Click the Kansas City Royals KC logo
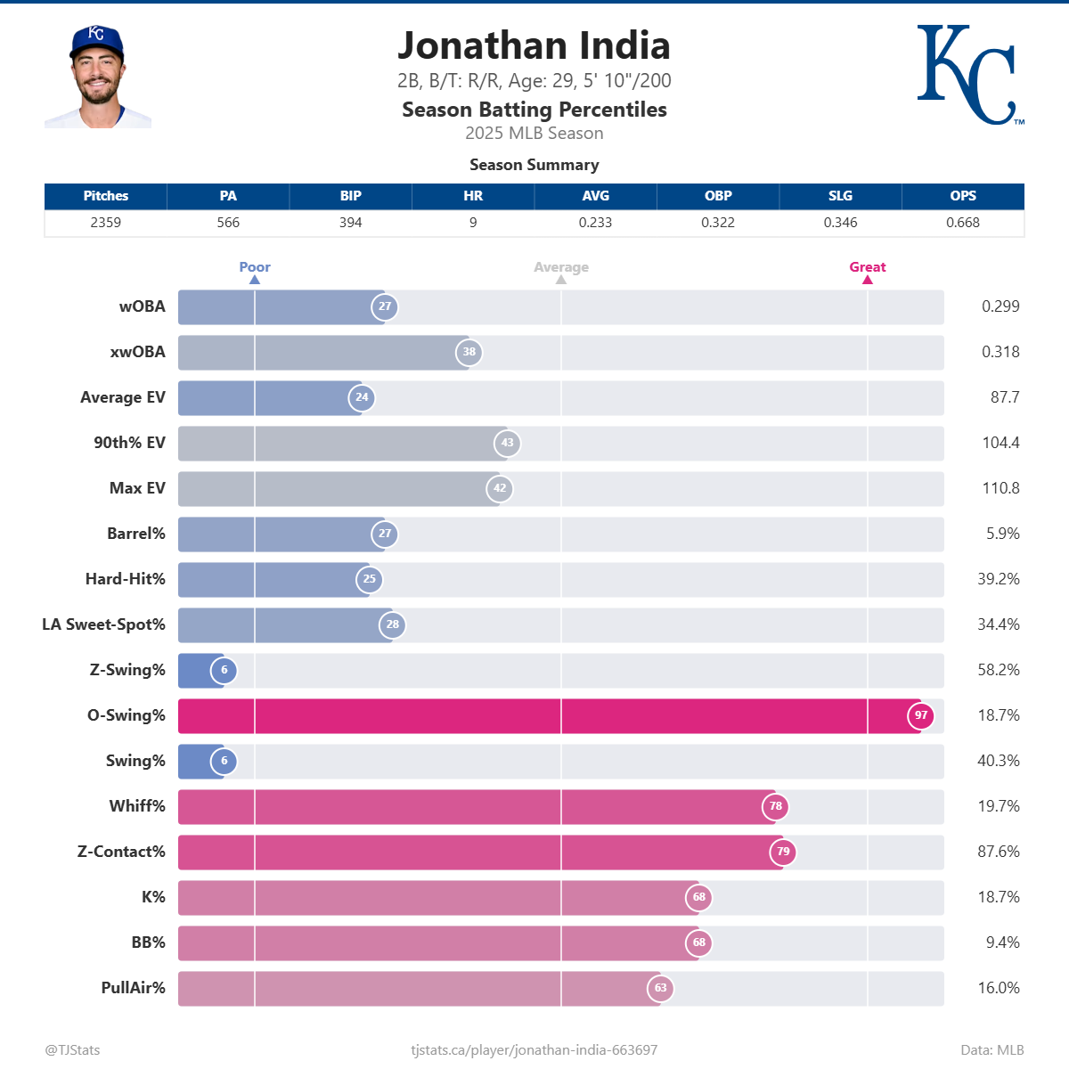coord(969,75)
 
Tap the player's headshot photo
coord(97,78)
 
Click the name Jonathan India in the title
coord(534,46)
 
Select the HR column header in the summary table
coord(473,196)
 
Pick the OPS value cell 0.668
coord(962,223)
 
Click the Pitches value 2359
coord(105,223)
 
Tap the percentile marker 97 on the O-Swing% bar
coord(921,715)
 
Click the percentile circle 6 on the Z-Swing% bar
coord(224,670)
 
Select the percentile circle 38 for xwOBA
coord(469,352)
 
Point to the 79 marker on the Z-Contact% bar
coord(783,852)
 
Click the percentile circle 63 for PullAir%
coord(661,988)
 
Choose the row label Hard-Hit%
coord(126,579)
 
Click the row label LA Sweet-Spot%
coord(103,624)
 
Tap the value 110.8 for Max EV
coord(1000,488)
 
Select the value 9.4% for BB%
coord(1002,943)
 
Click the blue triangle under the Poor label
coord(255,280)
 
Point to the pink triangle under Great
coord(868,280)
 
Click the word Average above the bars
coord(561,267)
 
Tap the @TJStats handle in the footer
coord(73,1050)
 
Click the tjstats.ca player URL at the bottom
coord(534,1050)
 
